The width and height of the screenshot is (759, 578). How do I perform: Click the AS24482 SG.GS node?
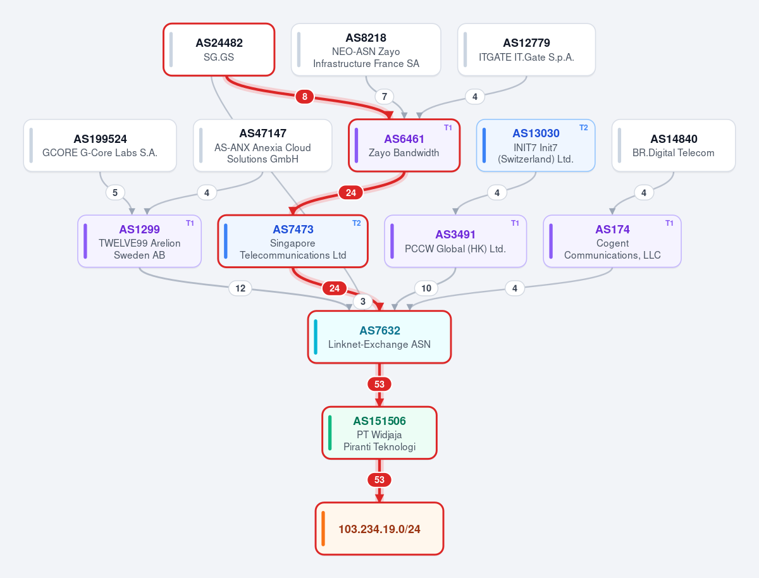pos(219,49)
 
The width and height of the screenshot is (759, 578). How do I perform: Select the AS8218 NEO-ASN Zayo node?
pos(366,49)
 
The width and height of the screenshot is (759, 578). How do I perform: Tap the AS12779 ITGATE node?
pos(526,49)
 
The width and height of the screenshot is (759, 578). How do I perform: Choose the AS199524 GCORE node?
pos(100,145)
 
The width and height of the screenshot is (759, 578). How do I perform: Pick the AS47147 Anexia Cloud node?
pos(262,145)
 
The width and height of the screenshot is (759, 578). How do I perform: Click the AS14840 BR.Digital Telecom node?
pos(673,145)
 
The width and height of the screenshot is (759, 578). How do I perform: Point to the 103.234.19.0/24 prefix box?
pos(379,529)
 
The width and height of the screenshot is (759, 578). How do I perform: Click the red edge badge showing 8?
pos(305,97)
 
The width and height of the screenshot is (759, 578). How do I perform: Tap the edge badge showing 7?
pos(384,97)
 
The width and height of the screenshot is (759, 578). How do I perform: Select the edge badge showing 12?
pos(240,288)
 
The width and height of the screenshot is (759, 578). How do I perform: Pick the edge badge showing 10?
pos(426,288)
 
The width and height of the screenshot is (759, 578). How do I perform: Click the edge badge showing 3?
pos(362,302)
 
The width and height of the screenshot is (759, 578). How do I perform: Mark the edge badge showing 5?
pos(115,192)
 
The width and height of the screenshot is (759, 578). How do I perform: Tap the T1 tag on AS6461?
pos(448,128)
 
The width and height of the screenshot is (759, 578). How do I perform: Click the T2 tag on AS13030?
pos(583,128)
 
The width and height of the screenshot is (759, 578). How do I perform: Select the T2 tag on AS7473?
pos(357,223)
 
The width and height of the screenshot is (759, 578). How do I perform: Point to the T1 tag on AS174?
pos(669,223)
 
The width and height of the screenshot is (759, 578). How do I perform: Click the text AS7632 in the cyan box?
pos(379,331)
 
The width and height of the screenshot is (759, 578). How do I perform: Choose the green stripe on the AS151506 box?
pos(330,433)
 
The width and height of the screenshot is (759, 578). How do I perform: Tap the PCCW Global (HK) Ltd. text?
pos(455,249)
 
